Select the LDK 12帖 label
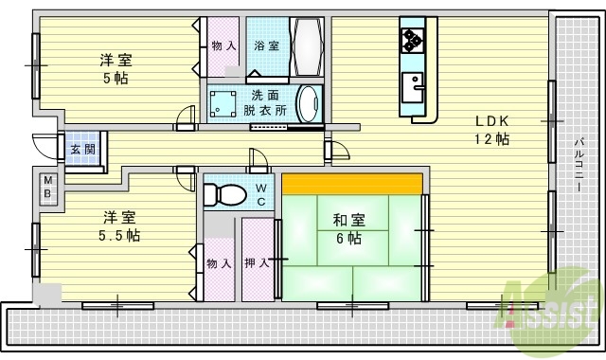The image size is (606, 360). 493,130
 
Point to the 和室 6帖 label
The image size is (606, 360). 347,228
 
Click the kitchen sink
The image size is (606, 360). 413,90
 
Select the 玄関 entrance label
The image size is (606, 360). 81,149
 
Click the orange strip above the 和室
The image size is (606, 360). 351,183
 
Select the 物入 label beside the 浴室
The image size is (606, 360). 224,45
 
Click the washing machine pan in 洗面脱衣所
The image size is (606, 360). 225,103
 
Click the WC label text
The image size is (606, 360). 261,193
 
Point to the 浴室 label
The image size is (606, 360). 266,45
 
